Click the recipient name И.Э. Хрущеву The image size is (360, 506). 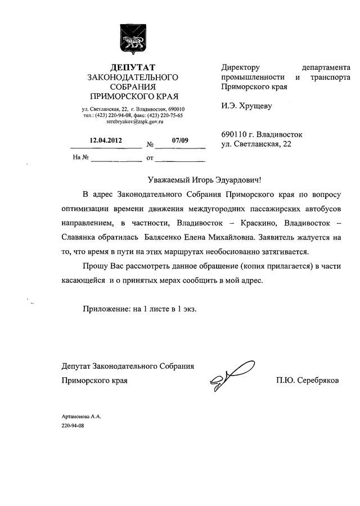(x=247, y=105)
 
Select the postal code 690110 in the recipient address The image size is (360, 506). (x=235, y=135)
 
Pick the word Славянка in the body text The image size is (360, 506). (x=79, y=237)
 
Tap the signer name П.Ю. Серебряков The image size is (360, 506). (x=308, y=381)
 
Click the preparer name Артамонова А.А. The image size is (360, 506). (x=80, y=416)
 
